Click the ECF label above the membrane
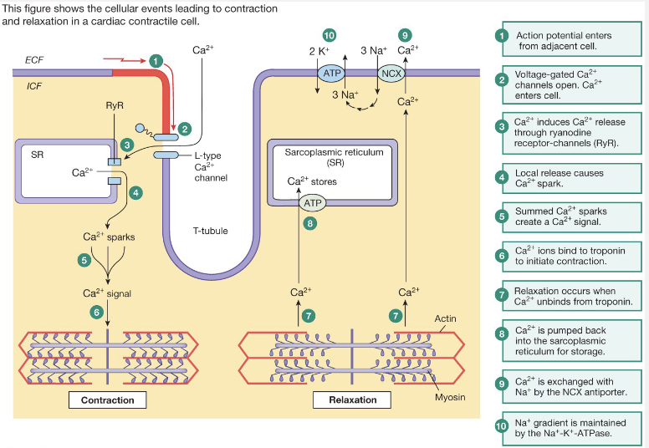pos(34,60)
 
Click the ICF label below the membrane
pos(34,85)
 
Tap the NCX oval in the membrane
pos(391,74)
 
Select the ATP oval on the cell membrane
pos(332,74)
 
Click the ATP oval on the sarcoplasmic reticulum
pos(312,202)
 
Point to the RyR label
pos(114,105)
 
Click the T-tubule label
pos(210,232)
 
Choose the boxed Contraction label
pos(107,400)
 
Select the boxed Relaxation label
pos(353,400)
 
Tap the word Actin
pos(446,318)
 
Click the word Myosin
pos(450,397)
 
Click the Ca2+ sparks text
pos(109,237)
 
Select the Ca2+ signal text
pos(107,293)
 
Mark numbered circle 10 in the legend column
pos(502,426)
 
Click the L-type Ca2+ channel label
pos(211,165)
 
